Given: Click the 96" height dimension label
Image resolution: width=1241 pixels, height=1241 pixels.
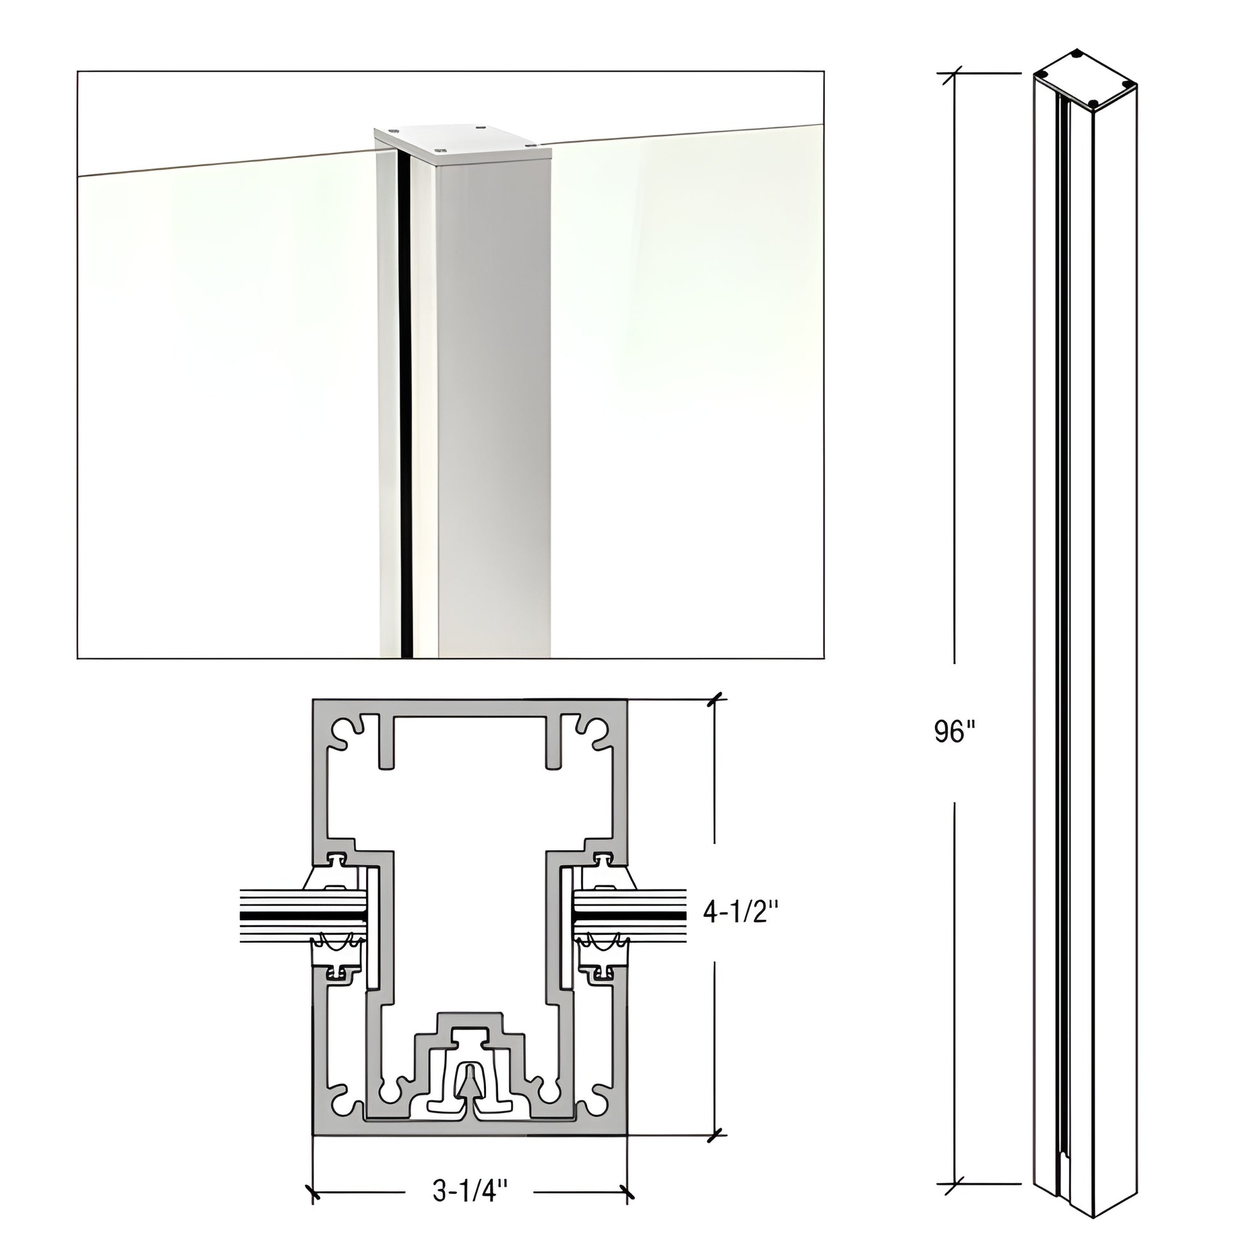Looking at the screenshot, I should (x=955, y=731).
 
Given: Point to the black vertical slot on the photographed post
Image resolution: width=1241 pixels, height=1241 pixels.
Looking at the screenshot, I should (x=405, y=398).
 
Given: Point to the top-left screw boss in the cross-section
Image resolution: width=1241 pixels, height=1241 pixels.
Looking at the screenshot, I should (x=347, y=734).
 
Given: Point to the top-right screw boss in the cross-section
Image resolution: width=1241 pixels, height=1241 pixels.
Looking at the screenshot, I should (x=593, y=734).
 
